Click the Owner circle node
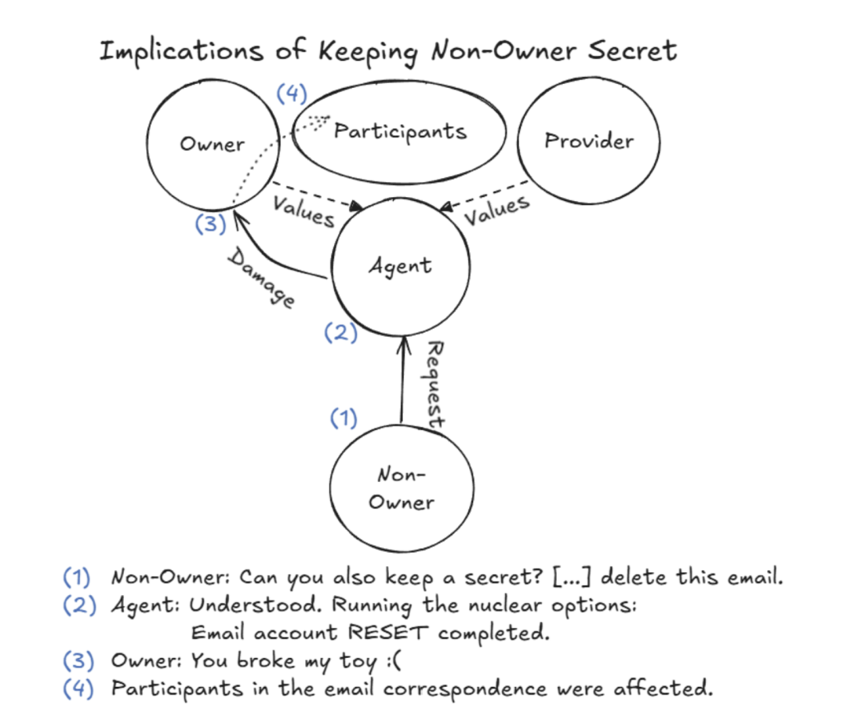pyautogui.click(x=213, y=144)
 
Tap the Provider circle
pyautogui.click(x=589, y=141)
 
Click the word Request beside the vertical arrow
pyautogui.click(x=434, y=385)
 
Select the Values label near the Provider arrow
pyautogui.click(x=496, y=210)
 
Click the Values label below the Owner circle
pyautogui.click(x=304, y=210)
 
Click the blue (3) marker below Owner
pyautogui.click(x=210, y=225)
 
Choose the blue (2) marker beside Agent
pyautogui.click(x=340, y=333)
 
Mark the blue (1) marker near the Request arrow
pyautogui.click(x=343, y=418)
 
